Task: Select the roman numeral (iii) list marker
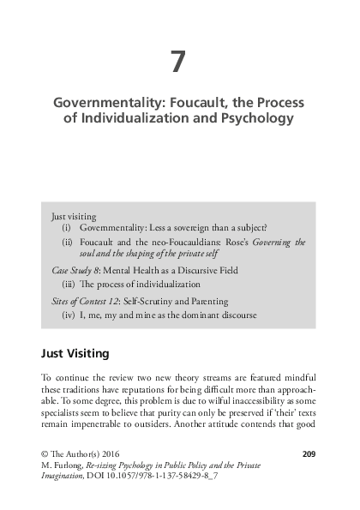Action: (x=69, y=284)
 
